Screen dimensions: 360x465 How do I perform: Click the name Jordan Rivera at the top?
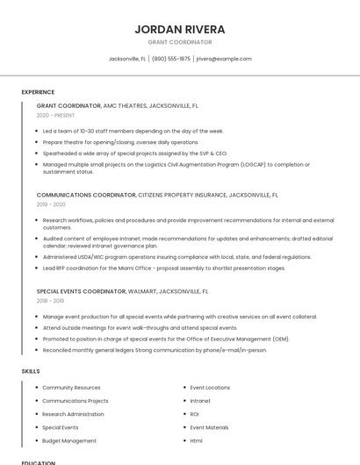pyautogui.click(x=179, y=29)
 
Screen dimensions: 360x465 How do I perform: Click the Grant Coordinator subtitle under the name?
pyautogui.click(x=179, y=42)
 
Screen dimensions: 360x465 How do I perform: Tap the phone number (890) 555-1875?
pyautogui.click(x=171, y=59)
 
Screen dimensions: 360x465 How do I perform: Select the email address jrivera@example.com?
pyautogui.click(x=224, y=59)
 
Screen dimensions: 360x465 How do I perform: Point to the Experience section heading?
pyautogui.click(x=38, y=92)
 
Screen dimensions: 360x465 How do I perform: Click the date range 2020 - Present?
pyautogui.click(x=55, y=115)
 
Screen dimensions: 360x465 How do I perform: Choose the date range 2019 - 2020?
pyautogui.click(x=51, y=204)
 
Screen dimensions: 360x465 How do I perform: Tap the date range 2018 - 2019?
pyautogui.click(x=50, y=300)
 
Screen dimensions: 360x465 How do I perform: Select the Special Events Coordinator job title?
pyautogui.click(x=82, y=290)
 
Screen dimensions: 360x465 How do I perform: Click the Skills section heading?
pyautogui.click(x=31, y=371)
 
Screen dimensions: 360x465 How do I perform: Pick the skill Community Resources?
pyautogui.click(x=71, y=388)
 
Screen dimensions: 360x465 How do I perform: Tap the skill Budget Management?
pyautogui.click(x=69, y=440)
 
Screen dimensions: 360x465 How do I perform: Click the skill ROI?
pyautogui.click(x=195, y=414)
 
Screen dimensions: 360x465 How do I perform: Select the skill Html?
pyautogui.click(x=197, y=440)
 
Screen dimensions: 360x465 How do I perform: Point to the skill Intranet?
pyautogui.click(x=200, y=401)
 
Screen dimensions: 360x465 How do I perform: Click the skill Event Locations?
pyautogui.click(x=210, y=388)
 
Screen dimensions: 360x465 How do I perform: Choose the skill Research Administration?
pyautogui.click(x=73, y=414)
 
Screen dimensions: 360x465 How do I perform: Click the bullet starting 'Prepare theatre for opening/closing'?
pyautogui.click(x=119, y=142)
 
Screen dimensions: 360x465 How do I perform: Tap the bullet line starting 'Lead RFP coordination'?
pyautogui.click(x=163, y=268)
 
